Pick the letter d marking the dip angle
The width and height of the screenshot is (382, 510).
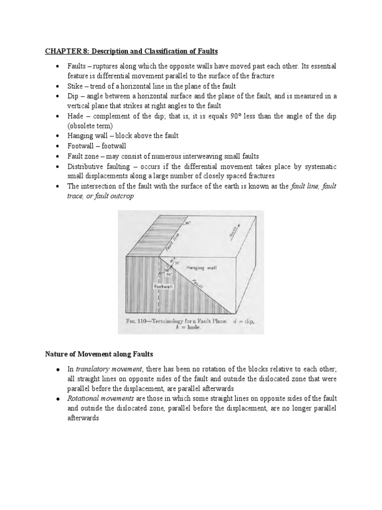click(170, 259)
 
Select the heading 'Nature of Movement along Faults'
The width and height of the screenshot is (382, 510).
click(96, 354)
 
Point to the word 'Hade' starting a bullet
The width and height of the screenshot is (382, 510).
click(76, 116)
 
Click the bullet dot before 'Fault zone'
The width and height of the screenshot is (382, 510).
click(58, 156)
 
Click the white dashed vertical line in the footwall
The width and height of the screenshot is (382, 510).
click(159, 294)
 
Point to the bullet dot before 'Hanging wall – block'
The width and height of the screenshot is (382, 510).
click(58, 136)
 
